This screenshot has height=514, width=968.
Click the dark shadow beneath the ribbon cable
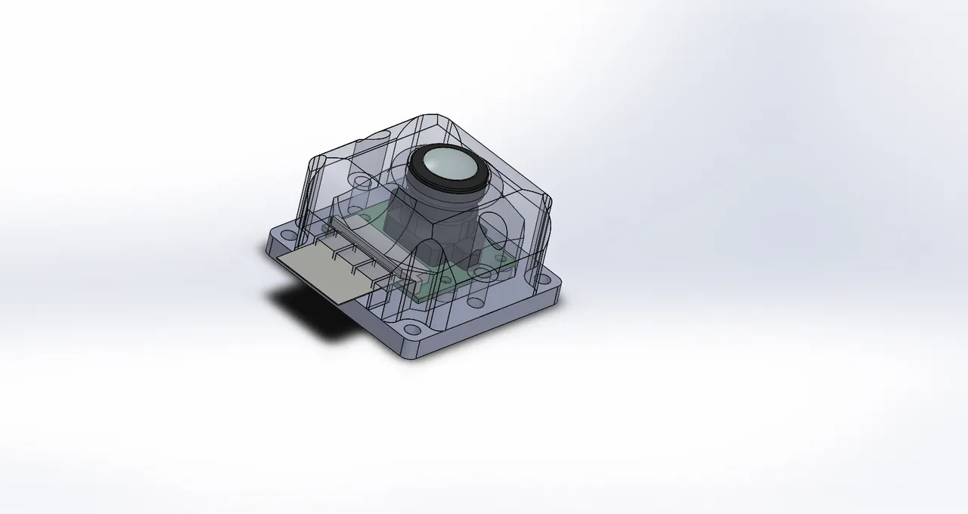click(310, 310)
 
